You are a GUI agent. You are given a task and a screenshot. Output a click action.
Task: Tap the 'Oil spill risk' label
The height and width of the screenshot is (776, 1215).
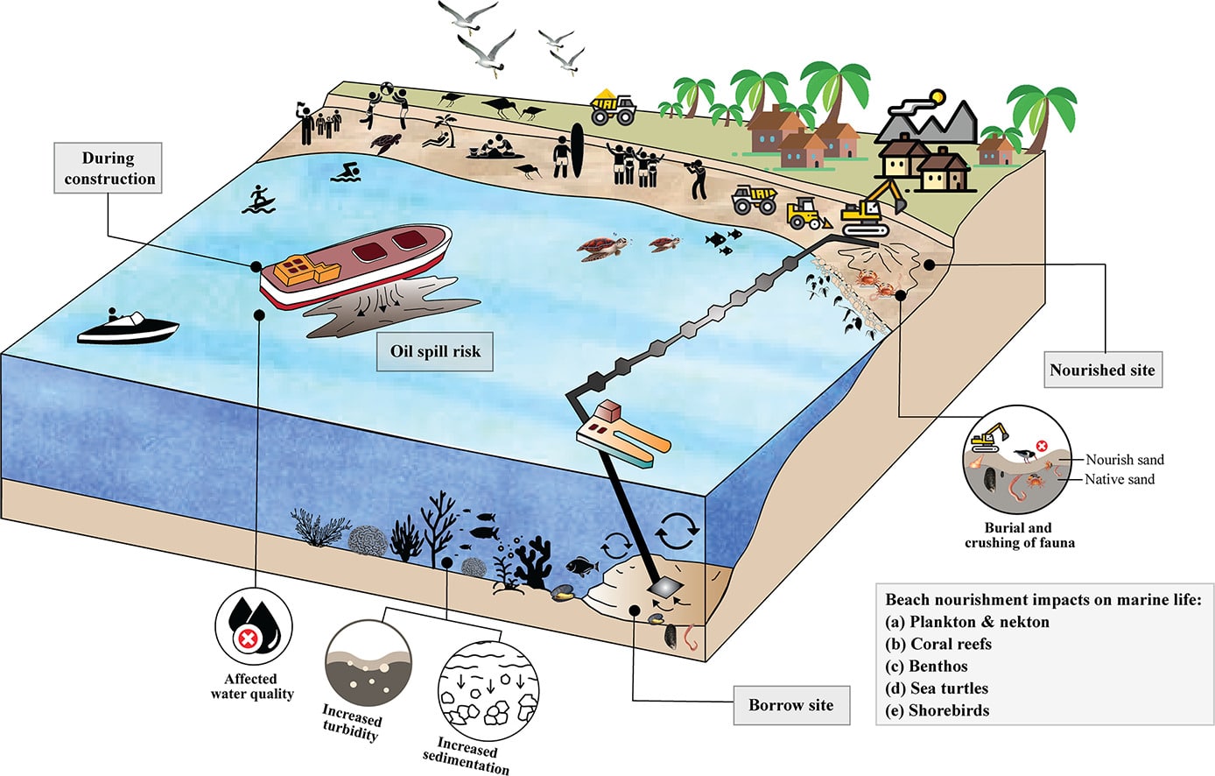coord(435,351)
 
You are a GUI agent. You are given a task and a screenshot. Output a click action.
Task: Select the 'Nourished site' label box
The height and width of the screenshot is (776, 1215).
coord(1102,370)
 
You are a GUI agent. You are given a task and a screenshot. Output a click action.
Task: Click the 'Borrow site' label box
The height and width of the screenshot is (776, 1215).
coord(790,705)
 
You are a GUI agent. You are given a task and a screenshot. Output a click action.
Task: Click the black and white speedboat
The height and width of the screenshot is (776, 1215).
coord(128,328)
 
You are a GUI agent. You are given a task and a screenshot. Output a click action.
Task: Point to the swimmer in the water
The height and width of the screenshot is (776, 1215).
coord(346,172)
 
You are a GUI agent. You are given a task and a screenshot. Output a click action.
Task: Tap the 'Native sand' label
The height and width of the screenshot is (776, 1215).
coord(1120,479)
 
